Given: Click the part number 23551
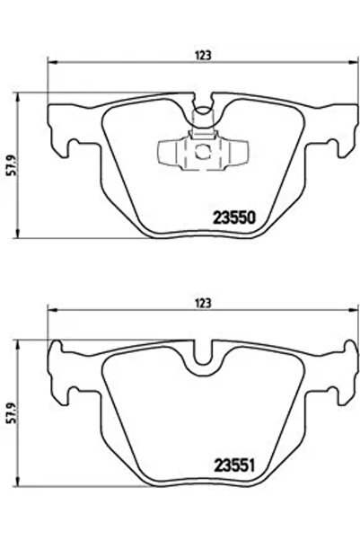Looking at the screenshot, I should coord(234,465).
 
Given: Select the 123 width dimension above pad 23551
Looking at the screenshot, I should coord(206,305).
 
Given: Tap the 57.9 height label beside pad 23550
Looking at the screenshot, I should coord(13,165).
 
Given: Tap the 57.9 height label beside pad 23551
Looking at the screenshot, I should coord(13,414).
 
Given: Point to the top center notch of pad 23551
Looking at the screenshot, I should coord(206,359).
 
